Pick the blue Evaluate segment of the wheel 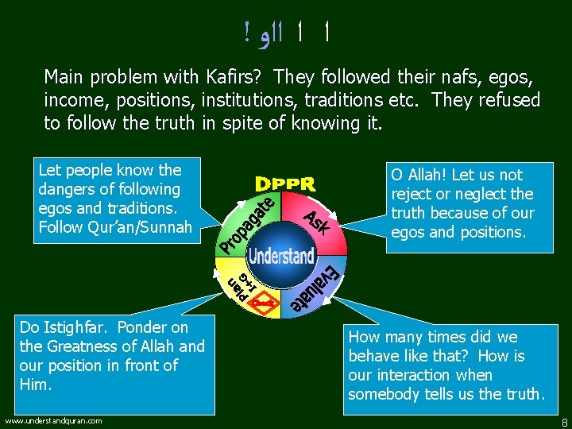[x=318, y=290]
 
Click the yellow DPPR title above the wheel [x=285, y=184]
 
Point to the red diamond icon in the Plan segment [x=268, y=303]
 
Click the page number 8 [x=563, y=422]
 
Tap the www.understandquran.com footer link [x=53, y=420]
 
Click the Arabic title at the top [x=286, y=33]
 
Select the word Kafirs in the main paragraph [x=239, y=78]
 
